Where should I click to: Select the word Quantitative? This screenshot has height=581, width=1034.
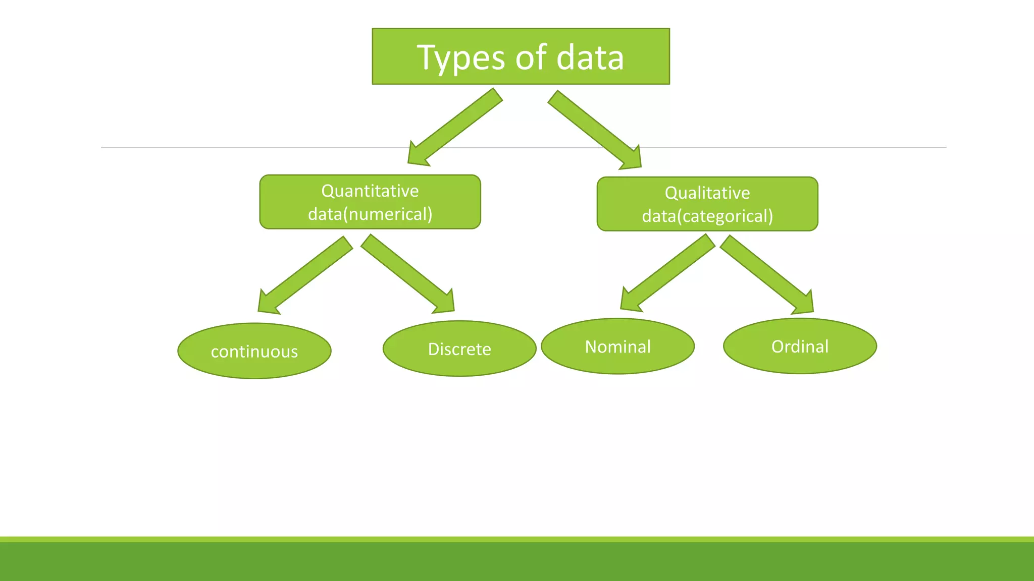(370, 191)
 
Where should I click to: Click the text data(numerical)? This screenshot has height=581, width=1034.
(370, 214)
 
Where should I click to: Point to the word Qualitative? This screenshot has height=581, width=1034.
(707, 193)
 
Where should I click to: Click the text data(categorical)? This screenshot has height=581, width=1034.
(707, 216)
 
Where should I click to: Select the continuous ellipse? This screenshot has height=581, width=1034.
(254, 351)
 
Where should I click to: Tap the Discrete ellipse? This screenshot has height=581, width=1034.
(459, 348)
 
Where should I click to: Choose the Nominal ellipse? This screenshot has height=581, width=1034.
(617, 346)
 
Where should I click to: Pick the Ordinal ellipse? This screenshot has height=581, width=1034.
(800, 346)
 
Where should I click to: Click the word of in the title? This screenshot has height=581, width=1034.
(531, 57)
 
